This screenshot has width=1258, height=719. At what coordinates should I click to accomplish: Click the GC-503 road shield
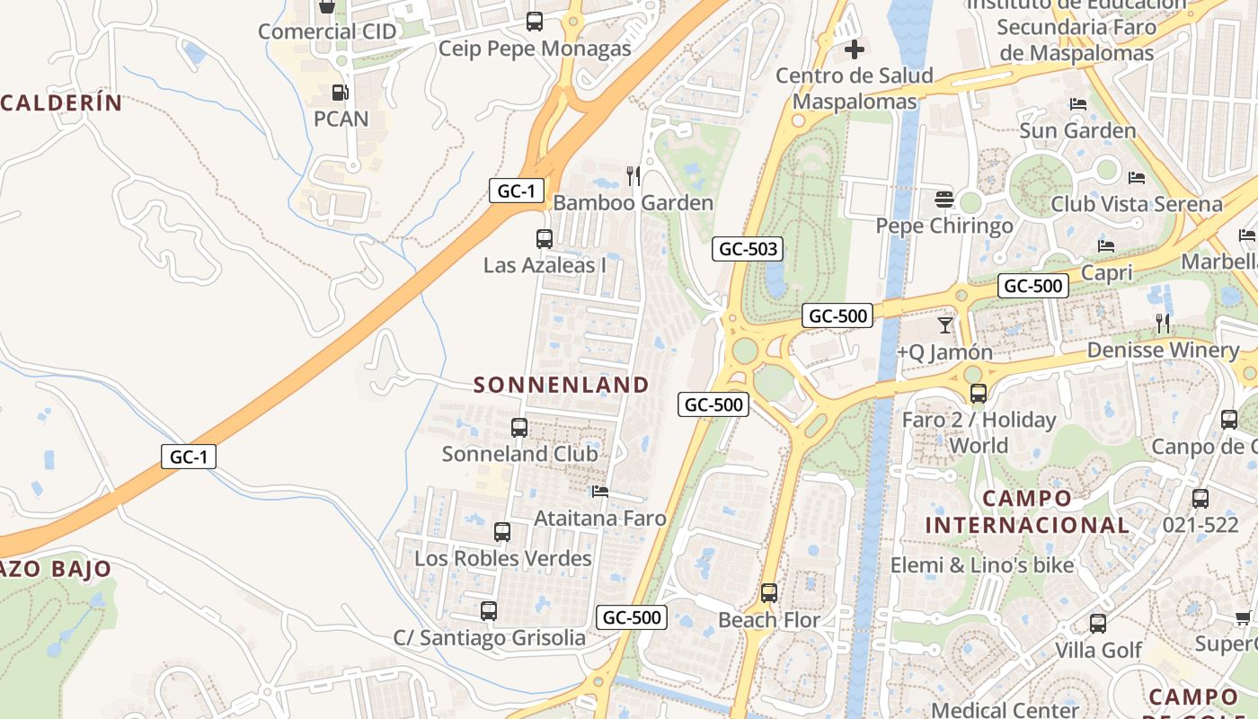(748, 249)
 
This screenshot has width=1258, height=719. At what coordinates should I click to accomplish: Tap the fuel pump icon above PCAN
(340, 92)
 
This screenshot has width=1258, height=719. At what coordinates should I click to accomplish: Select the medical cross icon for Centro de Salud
(854, 49)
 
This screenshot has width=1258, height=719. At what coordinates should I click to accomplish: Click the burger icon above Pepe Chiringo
(943, 199)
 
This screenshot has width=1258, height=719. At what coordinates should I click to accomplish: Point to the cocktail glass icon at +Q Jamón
(944, 324)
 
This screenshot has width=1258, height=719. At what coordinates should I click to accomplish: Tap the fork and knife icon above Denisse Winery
(1163, 324)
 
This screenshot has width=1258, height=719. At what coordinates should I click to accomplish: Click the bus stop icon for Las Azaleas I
(544, 238)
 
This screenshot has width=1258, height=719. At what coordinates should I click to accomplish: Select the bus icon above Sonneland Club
(518, 427)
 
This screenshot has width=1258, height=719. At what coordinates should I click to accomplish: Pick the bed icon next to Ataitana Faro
(600, 492)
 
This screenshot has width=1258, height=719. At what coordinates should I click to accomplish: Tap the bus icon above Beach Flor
(768, 593)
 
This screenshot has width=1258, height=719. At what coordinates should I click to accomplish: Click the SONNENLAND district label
(561, 385)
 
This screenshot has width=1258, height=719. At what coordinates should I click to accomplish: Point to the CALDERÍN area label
(61, 102)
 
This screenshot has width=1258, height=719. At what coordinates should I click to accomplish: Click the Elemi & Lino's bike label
(982, 565)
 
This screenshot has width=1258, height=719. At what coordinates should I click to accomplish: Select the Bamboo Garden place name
(633, 203)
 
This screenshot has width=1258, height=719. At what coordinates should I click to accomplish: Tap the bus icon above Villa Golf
(1097, 623)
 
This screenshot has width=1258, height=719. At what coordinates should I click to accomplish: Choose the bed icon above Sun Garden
(1078, 104)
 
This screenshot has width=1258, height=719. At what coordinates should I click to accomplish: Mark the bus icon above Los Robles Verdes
(501, 531)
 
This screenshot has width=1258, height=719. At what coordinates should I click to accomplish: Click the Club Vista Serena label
(1137, 204)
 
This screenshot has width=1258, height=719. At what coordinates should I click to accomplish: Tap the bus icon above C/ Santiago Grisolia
(488, 611)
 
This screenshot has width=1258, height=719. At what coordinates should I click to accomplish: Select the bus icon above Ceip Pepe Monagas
(534, 22)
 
